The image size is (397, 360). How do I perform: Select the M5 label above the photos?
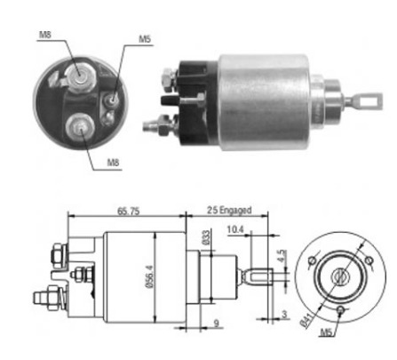[x=145, y=39]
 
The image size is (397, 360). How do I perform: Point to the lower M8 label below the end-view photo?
[x=113, y=163]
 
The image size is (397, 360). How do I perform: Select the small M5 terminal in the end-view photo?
[x=112, y=99]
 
